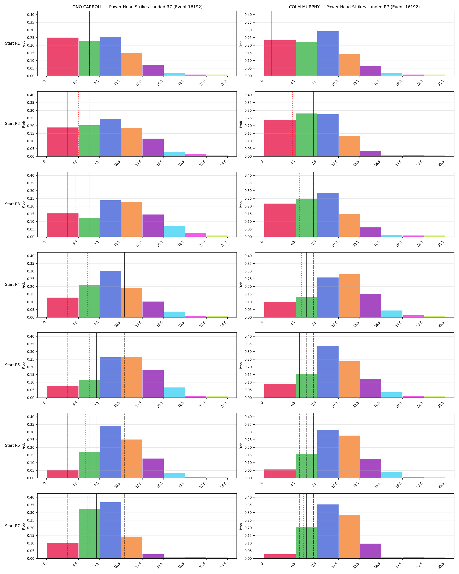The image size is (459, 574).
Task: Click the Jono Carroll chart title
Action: point(137,7)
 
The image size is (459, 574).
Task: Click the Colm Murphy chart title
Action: point(354,7)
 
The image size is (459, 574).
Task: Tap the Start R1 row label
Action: point(12,43)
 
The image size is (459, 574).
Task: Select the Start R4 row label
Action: point(12,285)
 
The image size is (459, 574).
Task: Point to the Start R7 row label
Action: point(12,526)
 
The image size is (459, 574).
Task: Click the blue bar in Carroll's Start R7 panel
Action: point(110,530)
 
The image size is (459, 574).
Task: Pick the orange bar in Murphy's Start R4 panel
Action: point(349,296)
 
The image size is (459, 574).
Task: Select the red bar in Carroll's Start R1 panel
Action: point(63,57)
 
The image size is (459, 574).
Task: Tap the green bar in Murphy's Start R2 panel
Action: point(306,135)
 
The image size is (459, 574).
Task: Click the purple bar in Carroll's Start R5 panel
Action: point(153,384)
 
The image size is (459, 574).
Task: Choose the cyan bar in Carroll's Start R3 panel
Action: point(174,231)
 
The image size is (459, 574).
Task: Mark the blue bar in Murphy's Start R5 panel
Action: point(328,372)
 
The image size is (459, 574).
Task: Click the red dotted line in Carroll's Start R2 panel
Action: point(78,124)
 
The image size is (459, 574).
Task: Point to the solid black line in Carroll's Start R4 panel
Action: point(125,285)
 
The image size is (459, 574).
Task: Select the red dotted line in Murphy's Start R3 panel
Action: point(299,204)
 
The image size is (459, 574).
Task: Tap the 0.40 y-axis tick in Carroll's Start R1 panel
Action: point(31,15)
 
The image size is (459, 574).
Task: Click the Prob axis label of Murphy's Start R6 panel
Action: point(241,446)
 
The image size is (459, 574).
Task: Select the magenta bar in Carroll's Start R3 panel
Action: point(196,235)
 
